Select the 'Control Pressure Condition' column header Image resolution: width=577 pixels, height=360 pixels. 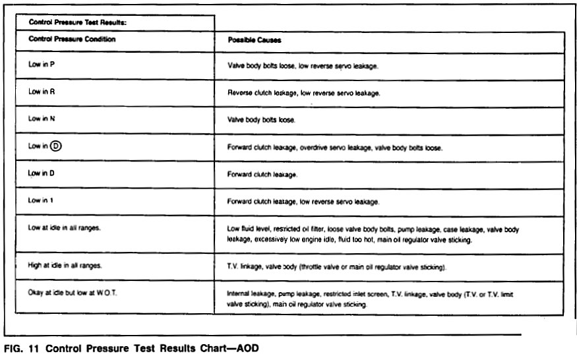click(x=72, y=40)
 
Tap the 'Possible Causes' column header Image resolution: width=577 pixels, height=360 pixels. click(x=255, y=40)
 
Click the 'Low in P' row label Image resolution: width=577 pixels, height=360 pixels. click(x=42, y=66)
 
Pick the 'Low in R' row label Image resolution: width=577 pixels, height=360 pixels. click(x=42, y=93)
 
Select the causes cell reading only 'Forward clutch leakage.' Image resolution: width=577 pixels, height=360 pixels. click(x=262, y=175)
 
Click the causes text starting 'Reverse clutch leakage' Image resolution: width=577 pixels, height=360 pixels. click(x=303, y=94)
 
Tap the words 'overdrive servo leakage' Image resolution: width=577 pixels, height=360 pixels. click(x=334, y=148)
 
